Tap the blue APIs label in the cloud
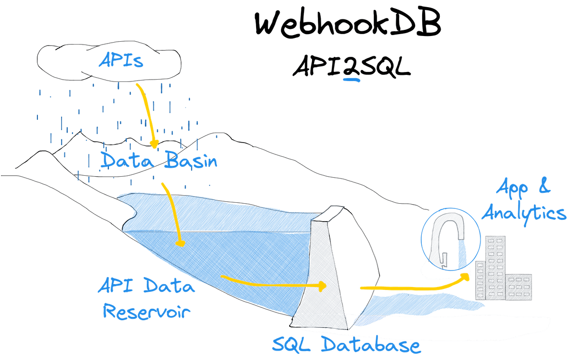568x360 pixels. tap(120, 60)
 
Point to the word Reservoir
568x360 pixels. tap(147, 312)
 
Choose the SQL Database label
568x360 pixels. tap(346, 344)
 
